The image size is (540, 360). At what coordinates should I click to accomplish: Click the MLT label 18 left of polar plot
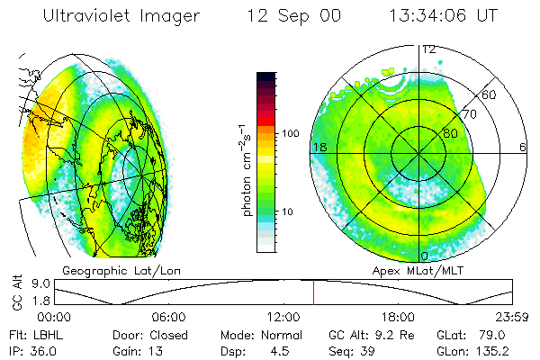[319, 147]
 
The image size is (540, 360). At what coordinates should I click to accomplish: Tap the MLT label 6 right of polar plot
[523, 147]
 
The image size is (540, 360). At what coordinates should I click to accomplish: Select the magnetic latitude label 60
[490, 94]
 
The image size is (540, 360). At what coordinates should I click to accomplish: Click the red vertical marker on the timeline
[313, 292]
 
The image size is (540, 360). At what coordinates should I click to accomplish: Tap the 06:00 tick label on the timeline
[169, 317]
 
